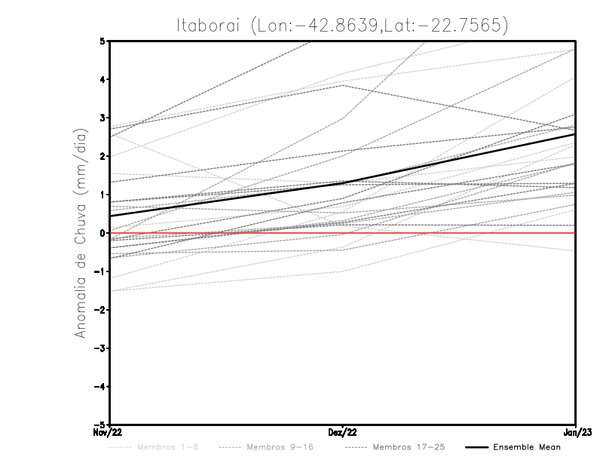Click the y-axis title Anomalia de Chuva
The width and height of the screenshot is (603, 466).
click(78, 233)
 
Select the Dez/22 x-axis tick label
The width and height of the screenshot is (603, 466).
click(343, 433)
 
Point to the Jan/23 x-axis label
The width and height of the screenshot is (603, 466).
click(577, 433)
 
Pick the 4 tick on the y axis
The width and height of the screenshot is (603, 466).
click(103, 79)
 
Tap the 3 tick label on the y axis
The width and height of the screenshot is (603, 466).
click(103, 118)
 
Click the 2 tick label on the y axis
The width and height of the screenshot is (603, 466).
click(103, 156)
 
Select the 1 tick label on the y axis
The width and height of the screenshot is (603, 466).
click(103, 195)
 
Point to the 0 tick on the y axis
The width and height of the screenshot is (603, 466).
click(103, 233)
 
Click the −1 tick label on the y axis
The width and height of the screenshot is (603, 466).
click(100, 271)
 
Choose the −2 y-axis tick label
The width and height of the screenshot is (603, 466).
click(100, 310)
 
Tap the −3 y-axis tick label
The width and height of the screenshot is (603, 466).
click(100, 348)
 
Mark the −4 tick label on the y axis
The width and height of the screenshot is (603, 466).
click(100, 387)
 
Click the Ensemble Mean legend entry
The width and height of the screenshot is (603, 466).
click(527, 447)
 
